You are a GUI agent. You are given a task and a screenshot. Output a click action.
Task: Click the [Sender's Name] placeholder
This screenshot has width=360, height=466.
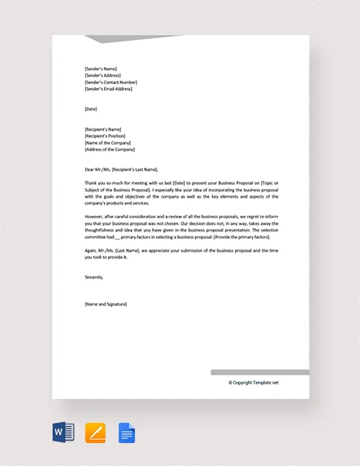click(101, 69)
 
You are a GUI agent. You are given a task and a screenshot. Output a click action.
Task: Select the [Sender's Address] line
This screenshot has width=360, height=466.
click(103, 75)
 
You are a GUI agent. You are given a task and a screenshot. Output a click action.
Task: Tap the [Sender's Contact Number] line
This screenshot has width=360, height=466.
click(110, 83)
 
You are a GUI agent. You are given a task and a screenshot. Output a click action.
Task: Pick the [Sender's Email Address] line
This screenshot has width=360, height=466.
click(109, 89)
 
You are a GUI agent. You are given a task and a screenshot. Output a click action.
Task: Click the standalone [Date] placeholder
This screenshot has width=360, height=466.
click(90, 108)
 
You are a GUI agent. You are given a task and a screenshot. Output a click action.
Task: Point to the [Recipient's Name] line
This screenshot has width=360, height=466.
click(102, 129)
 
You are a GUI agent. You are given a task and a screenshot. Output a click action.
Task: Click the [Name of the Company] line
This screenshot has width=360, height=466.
click(107, 143)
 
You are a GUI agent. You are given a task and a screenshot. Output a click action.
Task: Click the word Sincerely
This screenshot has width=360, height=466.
click(94, 277)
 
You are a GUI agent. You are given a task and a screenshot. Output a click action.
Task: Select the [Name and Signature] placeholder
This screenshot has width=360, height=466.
click(106, 304)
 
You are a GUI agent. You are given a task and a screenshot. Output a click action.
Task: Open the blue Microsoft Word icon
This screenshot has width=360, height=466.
click(64, 432)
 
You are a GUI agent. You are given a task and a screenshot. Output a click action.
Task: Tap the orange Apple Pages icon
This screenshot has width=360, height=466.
click(96, 432)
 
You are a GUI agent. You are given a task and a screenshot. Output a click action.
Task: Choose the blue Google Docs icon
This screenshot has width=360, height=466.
click(127, 432)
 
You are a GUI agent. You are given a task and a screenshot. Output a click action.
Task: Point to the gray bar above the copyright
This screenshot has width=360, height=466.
click(259, 372)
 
